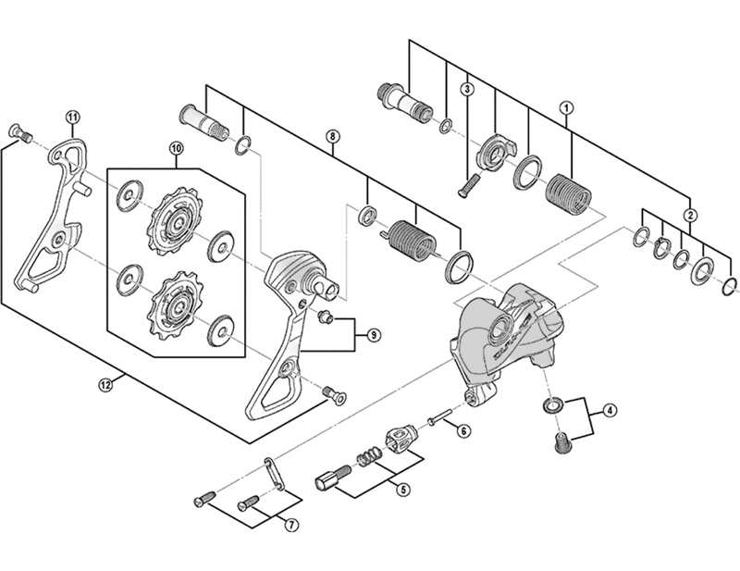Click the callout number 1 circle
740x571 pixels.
pos(565,107)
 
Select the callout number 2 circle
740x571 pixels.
pos(689,215)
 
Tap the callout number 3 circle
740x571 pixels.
pos(468,89)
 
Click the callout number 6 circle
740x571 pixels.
pos(464,429)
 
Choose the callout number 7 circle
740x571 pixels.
pos(290,525)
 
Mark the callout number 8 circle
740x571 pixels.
pos(331,137)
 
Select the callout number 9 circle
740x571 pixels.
pos(373,333)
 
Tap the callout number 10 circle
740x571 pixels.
pos(176,148)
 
